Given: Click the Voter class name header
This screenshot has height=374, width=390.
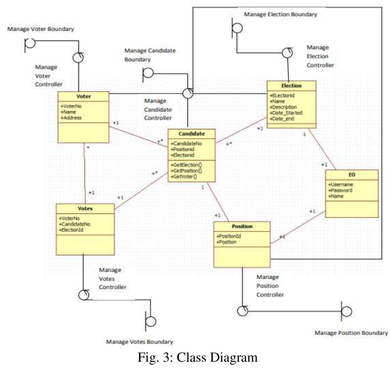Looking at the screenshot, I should tap(83, 96).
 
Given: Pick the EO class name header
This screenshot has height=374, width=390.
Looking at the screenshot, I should tap(351, 175).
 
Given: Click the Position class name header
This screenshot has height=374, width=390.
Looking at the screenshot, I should tap(242, 226).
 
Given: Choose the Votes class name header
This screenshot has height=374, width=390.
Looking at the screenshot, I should tap(85, 209).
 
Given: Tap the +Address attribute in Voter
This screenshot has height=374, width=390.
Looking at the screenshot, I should tap(71, 117).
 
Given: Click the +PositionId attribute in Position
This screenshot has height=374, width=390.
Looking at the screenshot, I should tap(228, 236).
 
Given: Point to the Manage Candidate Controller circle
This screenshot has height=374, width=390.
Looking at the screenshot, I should tap(188, 93).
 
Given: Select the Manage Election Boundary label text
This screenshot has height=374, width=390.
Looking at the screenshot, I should tap(280, 14).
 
